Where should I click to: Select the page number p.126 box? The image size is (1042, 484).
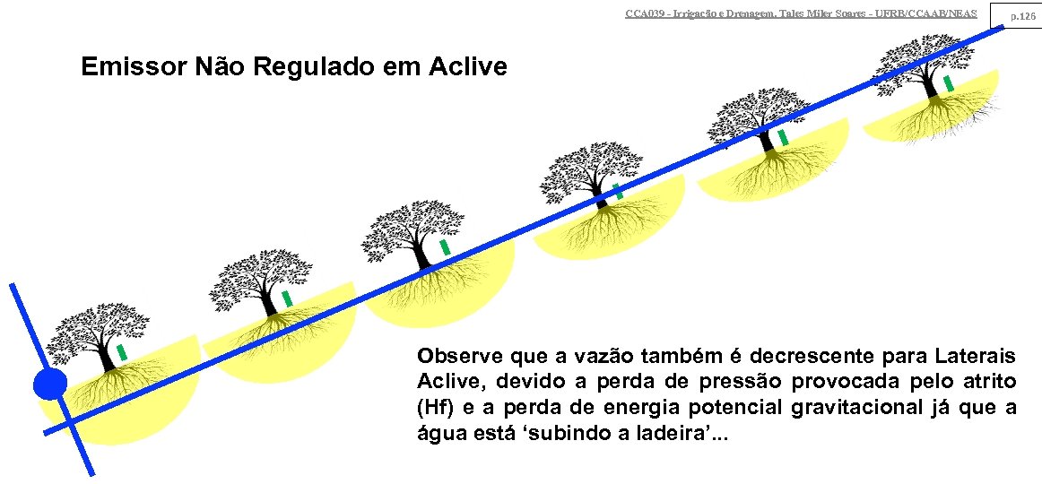click(1023, 15)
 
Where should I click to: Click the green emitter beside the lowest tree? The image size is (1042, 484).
click(122, 352)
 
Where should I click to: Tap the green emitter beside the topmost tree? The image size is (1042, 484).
click(948, 83)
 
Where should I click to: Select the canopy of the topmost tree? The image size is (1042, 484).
click(924, 58)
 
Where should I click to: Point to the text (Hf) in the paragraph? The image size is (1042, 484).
click(434, 408)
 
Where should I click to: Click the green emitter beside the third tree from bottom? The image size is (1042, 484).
click(445, 246)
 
